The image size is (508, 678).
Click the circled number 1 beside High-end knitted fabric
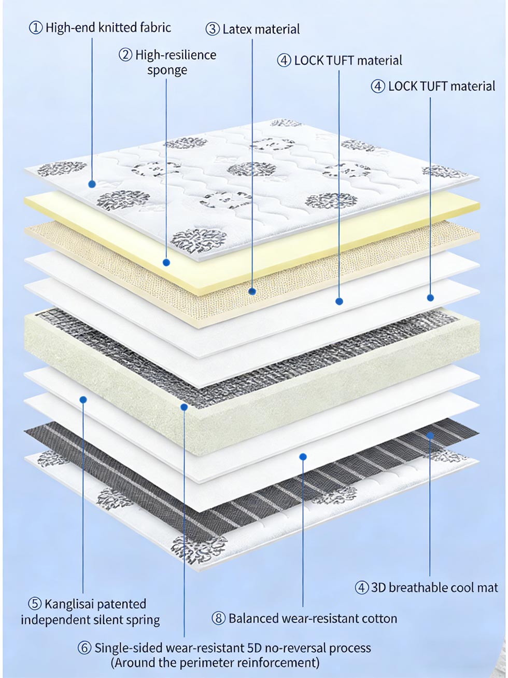point(36,28)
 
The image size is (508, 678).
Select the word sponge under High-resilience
point(167,70)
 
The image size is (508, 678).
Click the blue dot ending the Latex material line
point(252,291)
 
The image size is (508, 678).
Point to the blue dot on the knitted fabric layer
point(92,184)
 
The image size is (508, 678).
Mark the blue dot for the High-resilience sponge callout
point(166,263)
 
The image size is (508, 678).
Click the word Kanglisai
point(69,604)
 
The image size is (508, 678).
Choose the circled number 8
point(219,618)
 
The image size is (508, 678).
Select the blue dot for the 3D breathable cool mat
point(430,435)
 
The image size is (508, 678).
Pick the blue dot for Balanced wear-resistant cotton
point(303,456)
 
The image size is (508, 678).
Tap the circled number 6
point(85,648)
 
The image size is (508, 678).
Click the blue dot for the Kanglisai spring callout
point(83,399)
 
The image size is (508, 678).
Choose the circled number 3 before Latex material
point(213,29)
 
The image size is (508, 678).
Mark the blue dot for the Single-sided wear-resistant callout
point(184,408)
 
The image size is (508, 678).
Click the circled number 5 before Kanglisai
point(35,604)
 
